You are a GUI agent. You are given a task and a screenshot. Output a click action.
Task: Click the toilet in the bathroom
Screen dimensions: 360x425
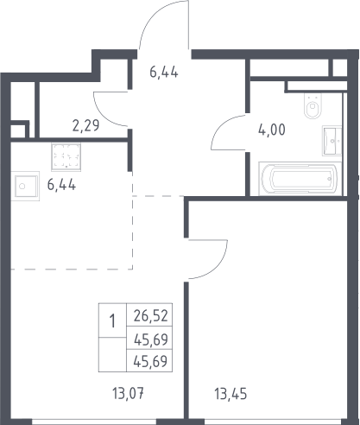coord(313,105)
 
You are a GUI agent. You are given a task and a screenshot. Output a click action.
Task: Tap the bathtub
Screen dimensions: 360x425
coord(300,179)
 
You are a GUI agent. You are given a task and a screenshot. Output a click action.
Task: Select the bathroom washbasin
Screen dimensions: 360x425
coord(332,141)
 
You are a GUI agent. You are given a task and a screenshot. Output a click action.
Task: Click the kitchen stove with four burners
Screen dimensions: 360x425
coord(66,157)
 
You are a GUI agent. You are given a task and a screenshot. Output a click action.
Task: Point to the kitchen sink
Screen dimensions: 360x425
coord(25,186)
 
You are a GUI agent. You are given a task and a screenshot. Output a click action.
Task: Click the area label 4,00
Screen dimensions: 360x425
coord(272,130)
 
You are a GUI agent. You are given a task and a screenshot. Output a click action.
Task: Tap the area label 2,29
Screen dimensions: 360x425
coord(85,125)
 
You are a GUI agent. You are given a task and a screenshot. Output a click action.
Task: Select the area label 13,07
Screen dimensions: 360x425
coord(128,394)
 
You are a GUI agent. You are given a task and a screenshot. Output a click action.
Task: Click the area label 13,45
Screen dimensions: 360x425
coord(231,394)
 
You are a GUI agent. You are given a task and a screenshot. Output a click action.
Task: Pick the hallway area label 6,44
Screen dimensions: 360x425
coord(164,72)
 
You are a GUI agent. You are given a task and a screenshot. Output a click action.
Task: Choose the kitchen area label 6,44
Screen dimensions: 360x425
coord(61,185)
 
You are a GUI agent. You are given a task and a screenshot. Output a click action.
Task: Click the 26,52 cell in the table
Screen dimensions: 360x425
coord(150,315)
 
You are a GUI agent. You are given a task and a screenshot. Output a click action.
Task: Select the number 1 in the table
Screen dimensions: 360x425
coord(112,321)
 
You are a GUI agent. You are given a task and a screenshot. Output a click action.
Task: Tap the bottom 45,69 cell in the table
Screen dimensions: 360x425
coord(150,361)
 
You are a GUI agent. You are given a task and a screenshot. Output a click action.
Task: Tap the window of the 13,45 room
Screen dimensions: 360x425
coord(275,422)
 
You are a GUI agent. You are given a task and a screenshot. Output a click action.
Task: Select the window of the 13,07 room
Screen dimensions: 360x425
coord(94,422)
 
